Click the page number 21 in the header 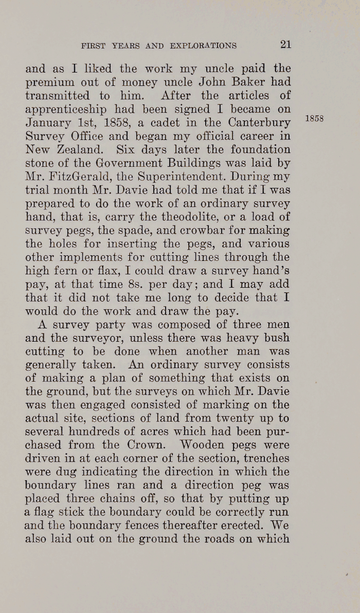(286, 45)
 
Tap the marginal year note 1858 (314, 118)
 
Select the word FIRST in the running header (92, 46)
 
